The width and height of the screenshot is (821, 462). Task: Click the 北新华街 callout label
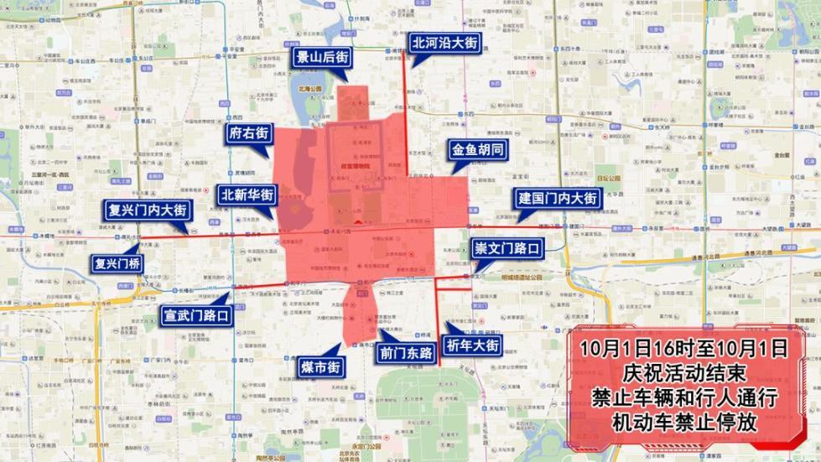pyautogui.click(x=247, y=195)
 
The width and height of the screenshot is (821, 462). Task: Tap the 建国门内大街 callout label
pyautogui.click(x=557, y=200)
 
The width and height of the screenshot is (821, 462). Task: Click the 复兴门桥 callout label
pyautogui.click(x=117, y=263)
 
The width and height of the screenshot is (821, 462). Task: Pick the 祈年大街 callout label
pyautogui.click(x=473, y=345)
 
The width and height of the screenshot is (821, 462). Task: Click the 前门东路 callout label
pyautogui.click(x=404, y=354)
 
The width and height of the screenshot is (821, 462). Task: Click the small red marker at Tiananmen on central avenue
pyautogui.click(x=357, y=223)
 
